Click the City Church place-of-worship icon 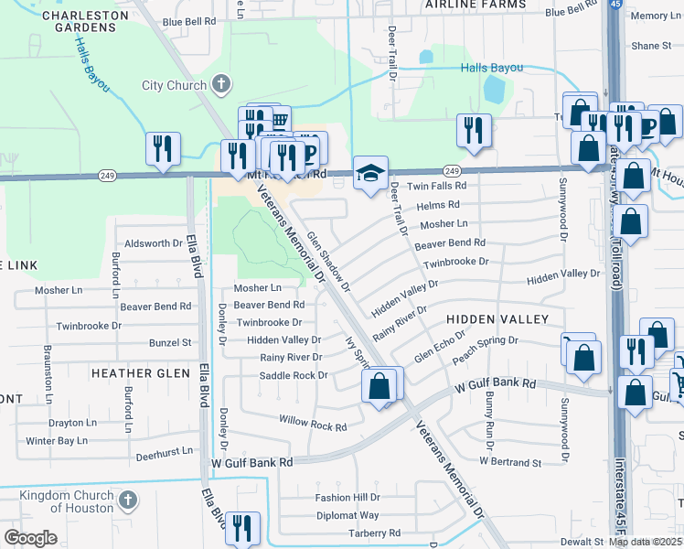point(220,86)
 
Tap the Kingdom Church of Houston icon point(128,501)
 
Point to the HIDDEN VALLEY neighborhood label point(497,318)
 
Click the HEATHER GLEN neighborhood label point(140,372)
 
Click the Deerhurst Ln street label point(165,450)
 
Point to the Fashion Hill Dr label point(347,498)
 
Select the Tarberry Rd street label point(369,533)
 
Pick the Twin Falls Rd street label point(436,185)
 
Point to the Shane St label point(650,45)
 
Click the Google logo point(30,538)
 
